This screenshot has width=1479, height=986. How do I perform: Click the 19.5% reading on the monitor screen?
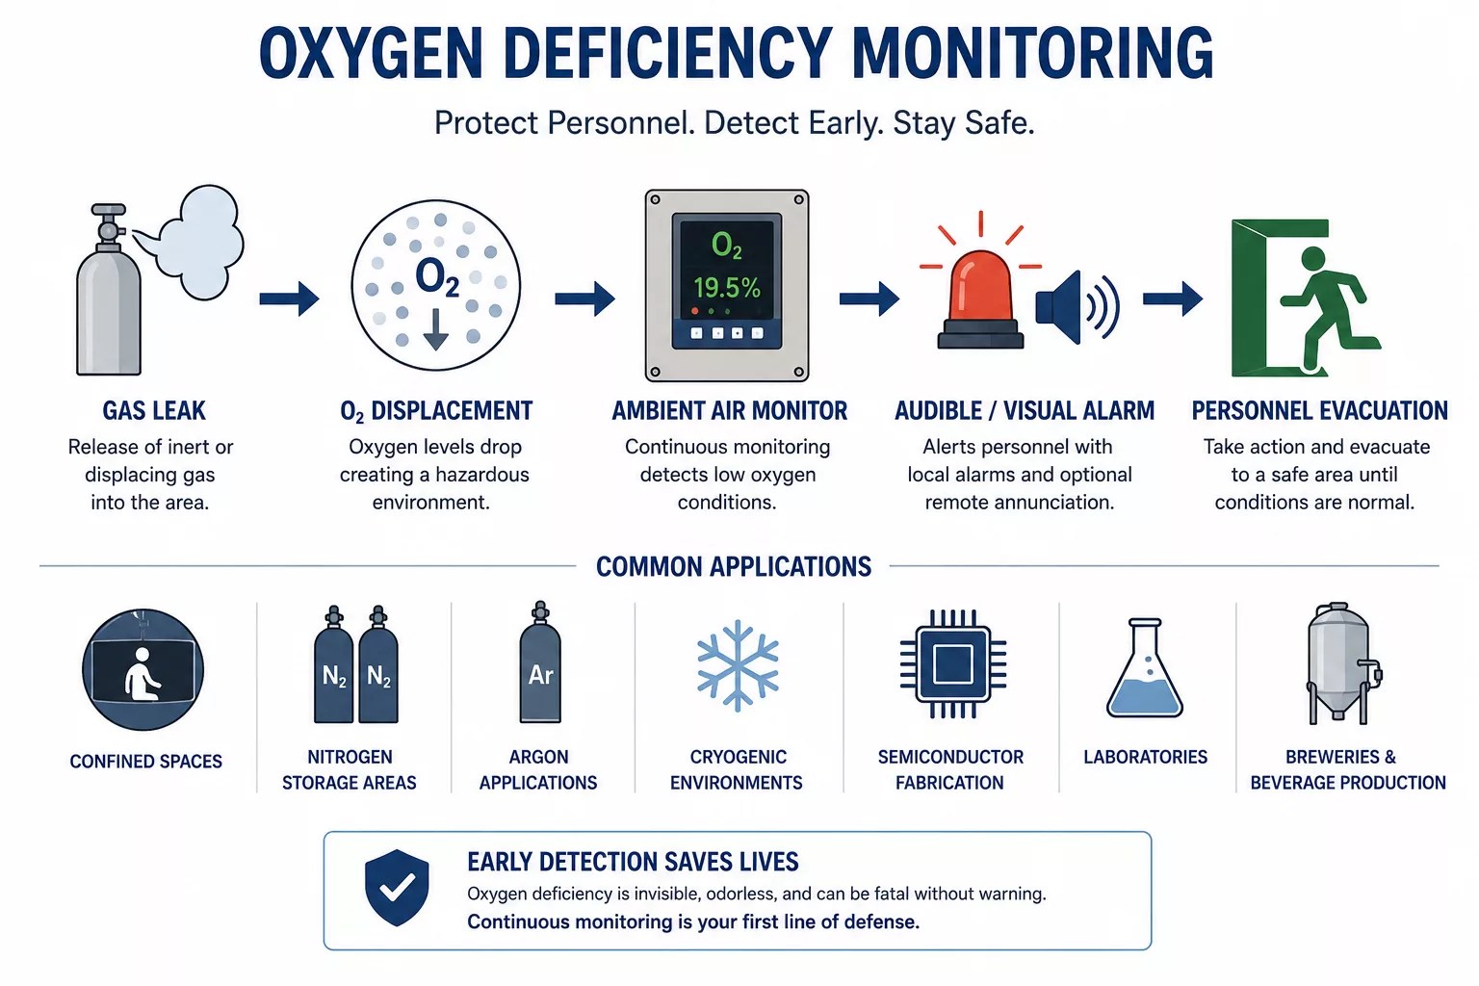(726, 288)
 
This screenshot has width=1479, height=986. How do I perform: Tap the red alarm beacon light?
(980, 299)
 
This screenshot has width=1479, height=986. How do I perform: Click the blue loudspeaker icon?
(1077, 307)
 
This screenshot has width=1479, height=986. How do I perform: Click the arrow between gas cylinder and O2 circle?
(289, 298)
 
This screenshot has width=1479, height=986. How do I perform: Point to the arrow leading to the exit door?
(1173, 298)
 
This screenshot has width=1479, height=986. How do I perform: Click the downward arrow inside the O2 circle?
(436, 329)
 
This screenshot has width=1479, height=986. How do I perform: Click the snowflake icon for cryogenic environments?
(738, 665)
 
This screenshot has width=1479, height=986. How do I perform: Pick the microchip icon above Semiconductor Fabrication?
(952, 663)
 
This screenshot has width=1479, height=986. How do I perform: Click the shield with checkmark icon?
(397, 888)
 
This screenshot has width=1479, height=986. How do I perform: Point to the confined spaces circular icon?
(143, 669)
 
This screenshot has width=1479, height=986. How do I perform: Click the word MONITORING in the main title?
(1032, 53)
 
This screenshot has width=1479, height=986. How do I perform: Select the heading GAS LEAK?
(154, 411)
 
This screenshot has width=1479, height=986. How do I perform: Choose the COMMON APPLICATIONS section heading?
(734, 566)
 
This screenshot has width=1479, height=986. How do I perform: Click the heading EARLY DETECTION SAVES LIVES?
(633, 862)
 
